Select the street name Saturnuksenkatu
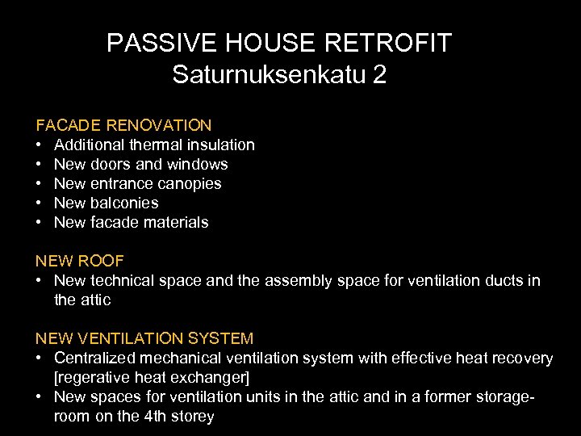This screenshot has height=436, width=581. [269, 75]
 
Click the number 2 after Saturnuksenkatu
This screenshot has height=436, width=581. [379, 75]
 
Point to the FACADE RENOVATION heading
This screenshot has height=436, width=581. [123, 125]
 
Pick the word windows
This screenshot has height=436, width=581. [197, 164]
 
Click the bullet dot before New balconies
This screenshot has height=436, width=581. [39, 203]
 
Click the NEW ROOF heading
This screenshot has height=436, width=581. [79, 261]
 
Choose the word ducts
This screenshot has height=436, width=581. [505, 280]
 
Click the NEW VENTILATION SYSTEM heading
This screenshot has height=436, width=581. [144, 338]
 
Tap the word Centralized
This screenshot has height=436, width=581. [96, 358]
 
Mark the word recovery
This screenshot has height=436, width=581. [524, 358]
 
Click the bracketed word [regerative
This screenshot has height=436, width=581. [92, 378]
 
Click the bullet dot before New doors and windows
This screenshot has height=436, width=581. [39, 164]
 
